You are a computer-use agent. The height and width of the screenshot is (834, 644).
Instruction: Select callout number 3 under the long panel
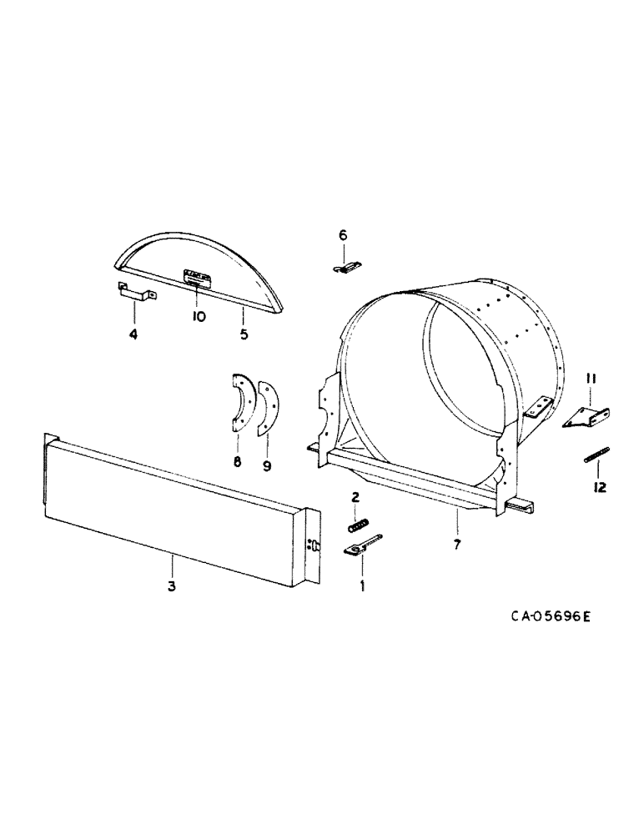[x=170, y=586]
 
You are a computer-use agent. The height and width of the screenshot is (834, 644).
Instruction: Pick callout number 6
[x=342, y=236]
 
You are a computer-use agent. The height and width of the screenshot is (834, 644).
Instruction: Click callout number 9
[x=267, y=466]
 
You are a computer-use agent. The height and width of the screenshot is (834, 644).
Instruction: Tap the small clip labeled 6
[x=346, y=266]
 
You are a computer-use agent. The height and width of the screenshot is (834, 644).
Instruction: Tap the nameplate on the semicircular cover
[x=197, y=276]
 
